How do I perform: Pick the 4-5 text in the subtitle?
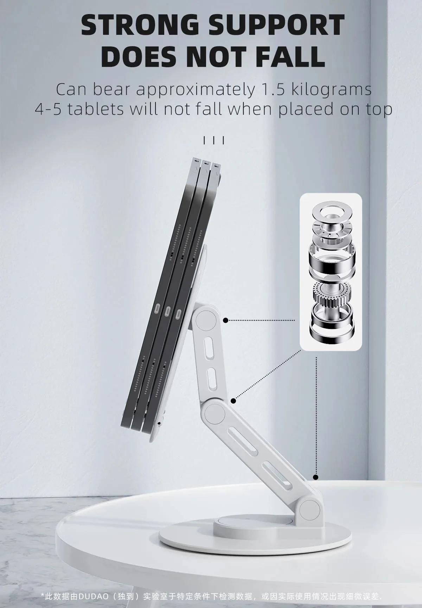[49, 109]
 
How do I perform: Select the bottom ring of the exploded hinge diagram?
[330, 331]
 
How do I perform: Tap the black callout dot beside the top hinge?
[226, 320]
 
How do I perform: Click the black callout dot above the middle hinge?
[233, 400]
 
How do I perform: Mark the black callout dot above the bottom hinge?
[316, 477]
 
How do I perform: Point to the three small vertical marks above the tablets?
[213, 140]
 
